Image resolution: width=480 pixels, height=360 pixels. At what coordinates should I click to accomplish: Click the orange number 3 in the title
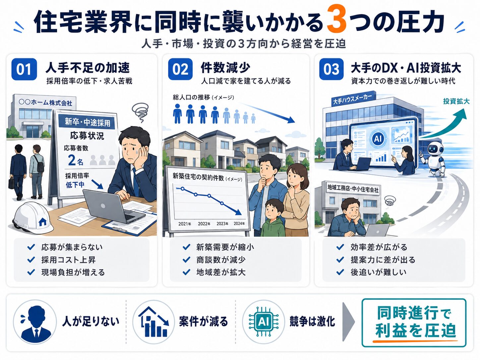336,22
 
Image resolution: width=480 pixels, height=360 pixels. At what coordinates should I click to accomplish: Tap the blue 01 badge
24,69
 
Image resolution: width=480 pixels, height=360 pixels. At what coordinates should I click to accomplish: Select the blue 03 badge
331,69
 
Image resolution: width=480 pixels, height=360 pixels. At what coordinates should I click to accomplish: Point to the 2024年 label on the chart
239,224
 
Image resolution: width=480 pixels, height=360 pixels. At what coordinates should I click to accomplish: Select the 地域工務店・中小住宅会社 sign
353,188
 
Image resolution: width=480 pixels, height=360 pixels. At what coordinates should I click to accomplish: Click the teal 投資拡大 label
456,101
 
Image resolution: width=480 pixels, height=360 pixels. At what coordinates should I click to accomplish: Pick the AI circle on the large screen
378,138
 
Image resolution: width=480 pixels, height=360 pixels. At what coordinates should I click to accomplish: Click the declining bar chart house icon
153,322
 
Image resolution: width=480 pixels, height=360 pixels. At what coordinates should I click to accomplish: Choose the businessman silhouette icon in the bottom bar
35,322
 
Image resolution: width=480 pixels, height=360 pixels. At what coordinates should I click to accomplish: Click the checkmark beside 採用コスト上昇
31,260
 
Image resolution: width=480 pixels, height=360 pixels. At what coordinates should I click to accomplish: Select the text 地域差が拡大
221,272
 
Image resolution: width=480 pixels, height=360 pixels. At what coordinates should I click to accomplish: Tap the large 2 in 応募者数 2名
72,160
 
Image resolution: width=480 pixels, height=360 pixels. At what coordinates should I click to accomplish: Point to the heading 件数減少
225,68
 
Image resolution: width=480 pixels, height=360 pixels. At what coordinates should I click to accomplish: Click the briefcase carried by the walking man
11,183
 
